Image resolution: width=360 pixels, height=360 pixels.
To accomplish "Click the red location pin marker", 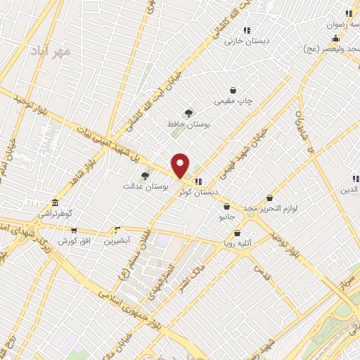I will pos(181,165).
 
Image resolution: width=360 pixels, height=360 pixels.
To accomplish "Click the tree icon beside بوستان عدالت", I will pos(145,176).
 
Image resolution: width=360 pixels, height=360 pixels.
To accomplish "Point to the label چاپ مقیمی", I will pos(233,101).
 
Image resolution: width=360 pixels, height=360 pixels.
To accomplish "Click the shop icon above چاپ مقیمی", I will pos(233,90).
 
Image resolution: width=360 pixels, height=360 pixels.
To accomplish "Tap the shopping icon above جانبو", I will pos(227,207).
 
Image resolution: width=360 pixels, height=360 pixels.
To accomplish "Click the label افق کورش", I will pos(72,241).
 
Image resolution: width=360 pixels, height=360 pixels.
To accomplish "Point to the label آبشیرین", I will pos(118,241).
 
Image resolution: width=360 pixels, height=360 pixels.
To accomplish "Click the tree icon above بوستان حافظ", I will pos(188,112).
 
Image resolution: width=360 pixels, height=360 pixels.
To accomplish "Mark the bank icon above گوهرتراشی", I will pos(55,202).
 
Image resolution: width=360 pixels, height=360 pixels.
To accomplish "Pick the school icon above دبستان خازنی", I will pos(247,30).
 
